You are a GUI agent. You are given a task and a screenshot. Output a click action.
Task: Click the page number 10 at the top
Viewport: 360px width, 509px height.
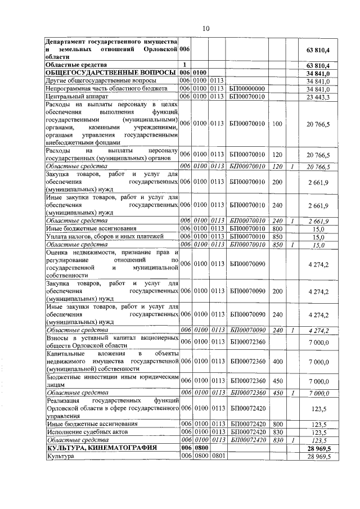(206, 28)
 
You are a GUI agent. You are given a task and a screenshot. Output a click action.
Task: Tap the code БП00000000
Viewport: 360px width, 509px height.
(247, 89)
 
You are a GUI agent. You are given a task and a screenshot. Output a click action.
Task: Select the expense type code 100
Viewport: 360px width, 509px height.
(277, 123)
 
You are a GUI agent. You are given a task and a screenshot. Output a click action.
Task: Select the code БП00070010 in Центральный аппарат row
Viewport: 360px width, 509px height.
(247, 96)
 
